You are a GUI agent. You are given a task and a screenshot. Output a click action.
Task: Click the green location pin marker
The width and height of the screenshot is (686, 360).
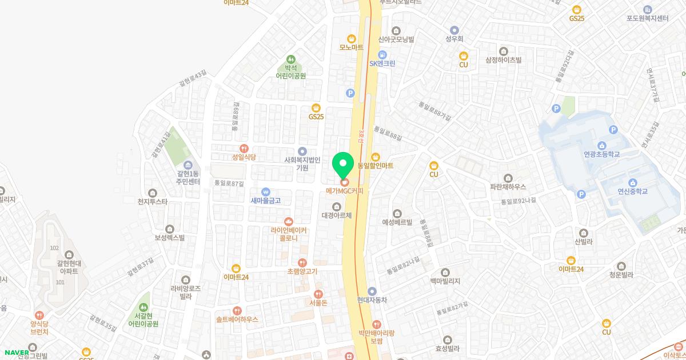(x=343, y=164)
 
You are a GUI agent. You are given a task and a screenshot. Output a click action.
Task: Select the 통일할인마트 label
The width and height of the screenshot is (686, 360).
(x=375, y=166)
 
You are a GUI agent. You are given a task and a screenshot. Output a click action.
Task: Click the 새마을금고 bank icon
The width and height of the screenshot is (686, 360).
(x=265, y=192)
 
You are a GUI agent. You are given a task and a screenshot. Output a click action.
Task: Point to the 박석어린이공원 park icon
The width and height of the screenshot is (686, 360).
(x=291, y=59)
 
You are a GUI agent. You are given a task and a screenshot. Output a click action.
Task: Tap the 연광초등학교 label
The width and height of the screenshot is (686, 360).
(x=602, y=154)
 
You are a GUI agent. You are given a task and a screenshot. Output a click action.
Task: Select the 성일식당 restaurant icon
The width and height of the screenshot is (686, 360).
(x=244, y=148)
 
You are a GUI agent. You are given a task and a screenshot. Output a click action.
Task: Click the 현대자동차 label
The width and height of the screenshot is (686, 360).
(x=372, y=299)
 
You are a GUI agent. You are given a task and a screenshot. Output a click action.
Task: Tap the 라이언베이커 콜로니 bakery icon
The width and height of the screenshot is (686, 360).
(x=289, y=222)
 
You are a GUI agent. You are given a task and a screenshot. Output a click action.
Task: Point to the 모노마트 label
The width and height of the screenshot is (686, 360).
(x=351, y=47)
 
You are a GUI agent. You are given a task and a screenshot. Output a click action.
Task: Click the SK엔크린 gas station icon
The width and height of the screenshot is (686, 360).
(x=382, y=54)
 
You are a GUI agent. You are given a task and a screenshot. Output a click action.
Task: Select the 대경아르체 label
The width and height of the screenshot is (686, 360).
(x=336, y=215)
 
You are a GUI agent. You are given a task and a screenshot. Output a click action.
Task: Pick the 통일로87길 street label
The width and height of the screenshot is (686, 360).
(x=229, y=183)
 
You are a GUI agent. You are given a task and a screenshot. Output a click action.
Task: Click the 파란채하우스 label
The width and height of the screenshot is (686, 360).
(x=508, y=186)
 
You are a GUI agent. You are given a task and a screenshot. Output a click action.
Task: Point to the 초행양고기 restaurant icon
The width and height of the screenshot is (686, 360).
(x=302, y=262)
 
